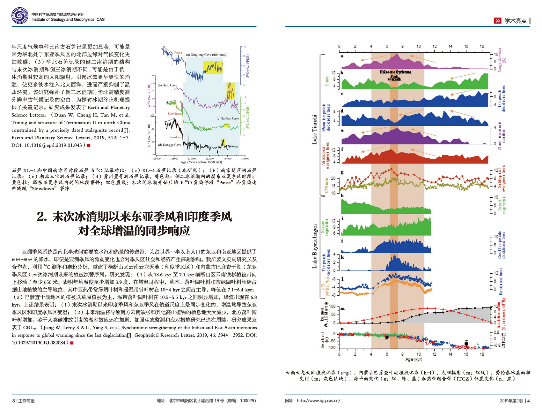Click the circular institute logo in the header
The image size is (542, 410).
20,16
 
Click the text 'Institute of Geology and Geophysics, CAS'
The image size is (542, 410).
68,20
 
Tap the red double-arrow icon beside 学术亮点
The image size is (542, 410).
497,21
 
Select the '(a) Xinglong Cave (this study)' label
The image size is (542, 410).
207,55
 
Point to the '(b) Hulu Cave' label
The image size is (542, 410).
167,85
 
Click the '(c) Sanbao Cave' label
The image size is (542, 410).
228,118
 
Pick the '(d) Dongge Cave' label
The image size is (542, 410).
170,145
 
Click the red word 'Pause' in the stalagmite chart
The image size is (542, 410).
178,53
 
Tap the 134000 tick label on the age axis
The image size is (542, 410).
227,158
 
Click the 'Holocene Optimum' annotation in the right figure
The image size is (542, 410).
395,72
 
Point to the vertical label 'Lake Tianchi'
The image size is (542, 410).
315,129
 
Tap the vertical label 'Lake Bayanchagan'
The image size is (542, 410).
315,246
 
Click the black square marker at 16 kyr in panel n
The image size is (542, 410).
466,344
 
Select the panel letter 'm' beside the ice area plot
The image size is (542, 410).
343,308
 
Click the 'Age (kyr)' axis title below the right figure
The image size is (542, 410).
414,360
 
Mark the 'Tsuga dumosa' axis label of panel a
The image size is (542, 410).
499,60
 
